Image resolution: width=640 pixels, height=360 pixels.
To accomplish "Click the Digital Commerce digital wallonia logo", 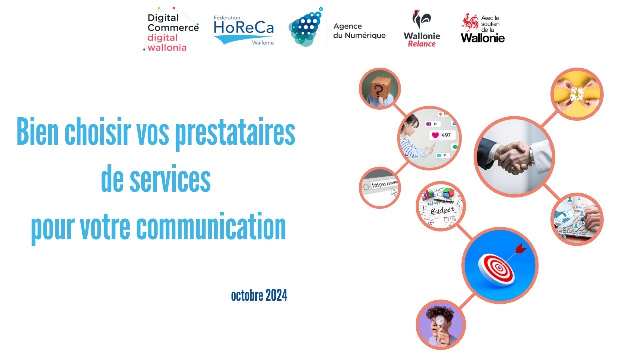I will coord(170,30).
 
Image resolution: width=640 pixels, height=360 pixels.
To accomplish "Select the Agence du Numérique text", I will coord(359,30).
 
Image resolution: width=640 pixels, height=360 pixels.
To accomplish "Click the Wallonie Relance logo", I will coord(422,30).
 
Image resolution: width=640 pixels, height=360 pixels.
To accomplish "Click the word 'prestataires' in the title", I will coord(235,132).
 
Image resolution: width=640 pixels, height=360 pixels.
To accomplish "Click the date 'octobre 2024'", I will coord(259,296).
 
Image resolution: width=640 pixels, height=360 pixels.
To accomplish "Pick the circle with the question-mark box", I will coord(380,88).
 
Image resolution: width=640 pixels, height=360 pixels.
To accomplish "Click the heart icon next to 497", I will coord(435,135).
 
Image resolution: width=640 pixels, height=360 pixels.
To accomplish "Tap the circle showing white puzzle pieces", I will coord(577,94).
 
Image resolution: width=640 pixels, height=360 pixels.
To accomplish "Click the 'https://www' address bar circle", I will coord(381,187).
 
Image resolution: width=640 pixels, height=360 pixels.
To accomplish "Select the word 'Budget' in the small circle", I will coord(442,210).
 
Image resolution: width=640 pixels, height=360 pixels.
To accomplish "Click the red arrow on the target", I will coord(521,247).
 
